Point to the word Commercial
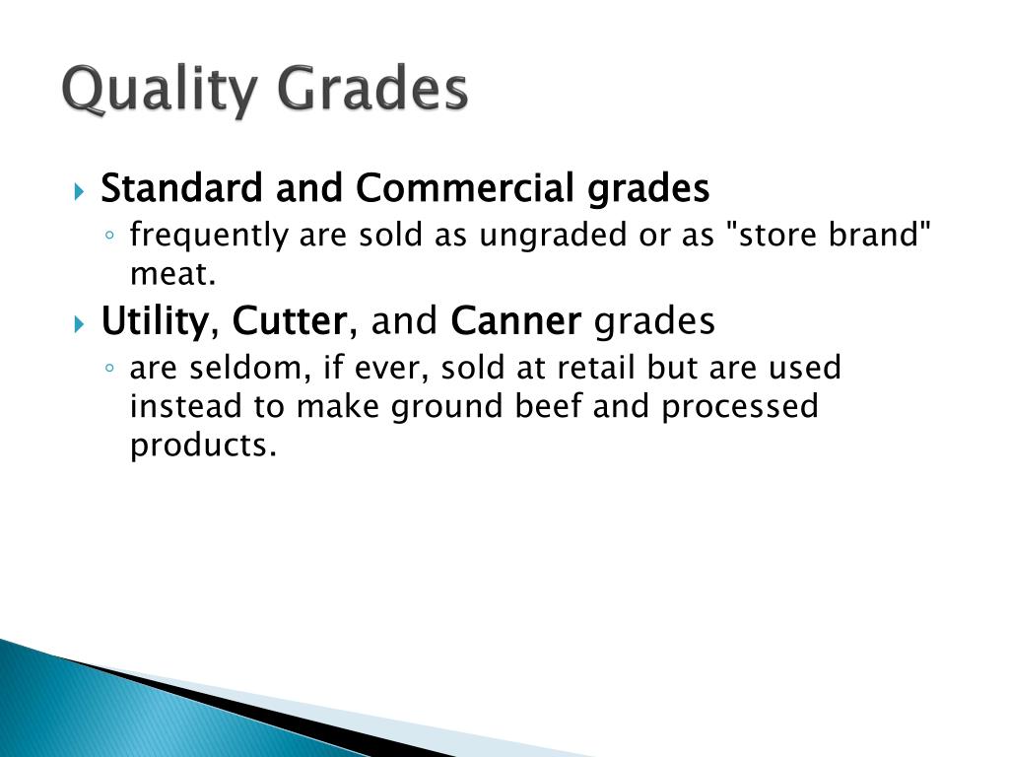tap(467, 187)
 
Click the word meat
tap(171, 275)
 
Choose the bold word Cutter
tap(290, 321)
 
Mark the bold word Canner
tap(515, 321)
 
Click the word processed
tap(739, 406)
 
